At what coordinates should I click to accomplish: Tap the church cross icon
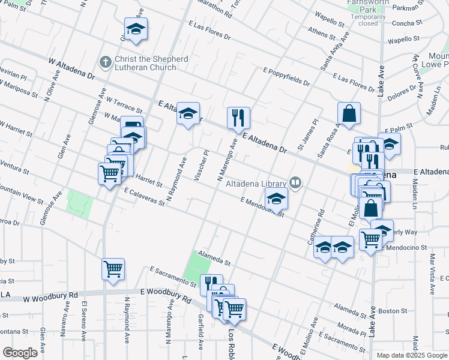pyautogui.click(x=106, y=61)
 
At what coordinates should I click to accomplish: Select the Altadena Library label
pyautogui.click(x=256, y=184)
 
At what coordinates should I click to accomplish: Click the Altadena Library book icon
pyautogui.click(x=295, y=181)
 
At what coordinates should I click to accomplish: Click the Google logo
pyautogui.click(x=20, y=352)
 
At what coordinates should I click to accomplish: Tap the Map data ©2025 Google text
pyautogui.click(x=411, y=355)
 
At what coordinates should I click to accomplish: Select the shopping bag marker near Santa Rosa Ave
pyautogui.click(x=349, y=112)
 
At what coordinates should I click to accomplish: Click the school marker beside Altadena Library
pyautogui.click(x=277, y=199)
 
